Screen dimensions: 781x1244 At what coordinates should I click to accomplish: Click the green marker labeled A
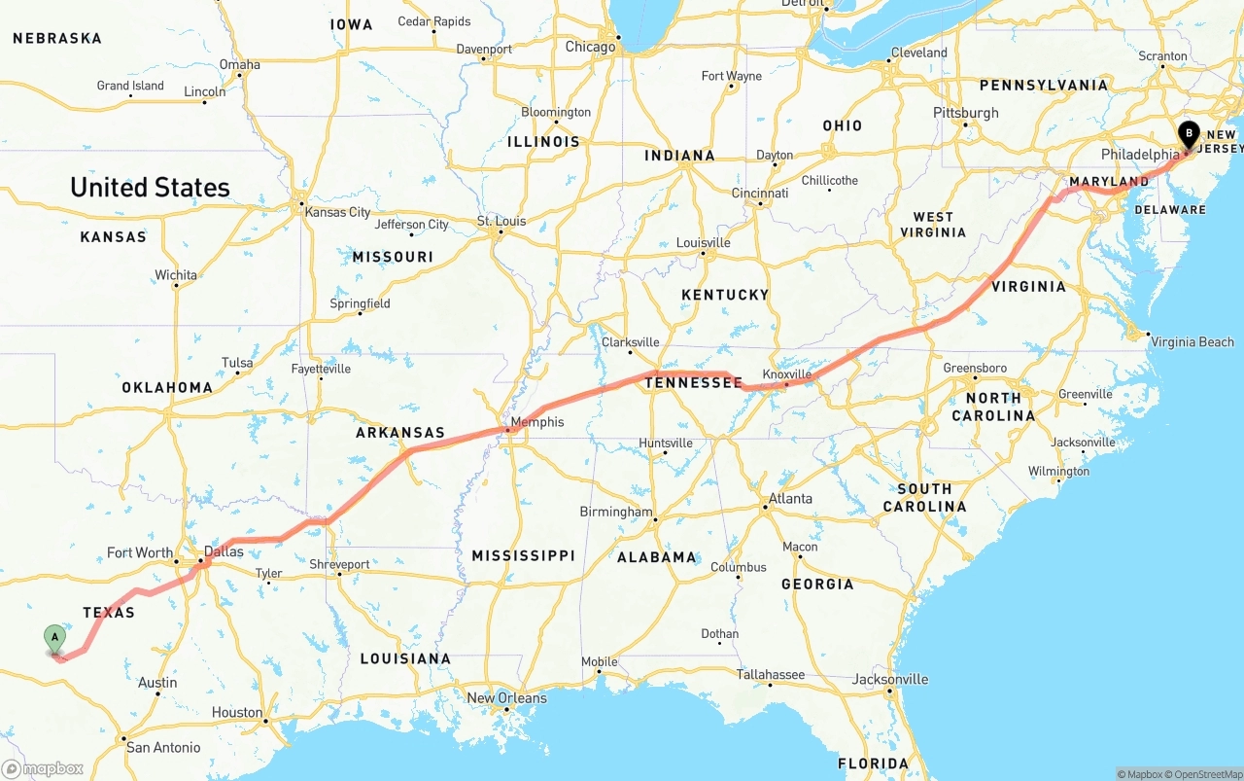[x=55, y=639]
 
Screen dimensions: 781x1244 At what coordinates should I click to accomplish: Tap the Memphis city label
[x=536, y=422]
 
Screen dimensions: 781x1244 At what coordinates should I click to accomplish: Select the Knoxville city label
[x=787, y=374]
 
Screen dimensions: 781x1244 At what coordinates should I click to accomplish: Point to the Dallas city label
[x=224, y=551]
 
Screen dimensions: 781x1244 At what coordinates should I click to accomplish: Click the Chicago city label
[x=590, y=47]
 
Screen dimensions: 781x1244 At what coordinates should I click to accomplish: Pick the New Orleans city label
[x=506, y=697]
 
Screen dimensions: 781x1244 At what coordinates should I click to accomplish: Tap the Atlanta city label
[x=790, y=498]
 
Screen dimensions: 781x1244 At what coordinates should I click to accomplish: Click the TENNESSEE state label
[x=694, y=383]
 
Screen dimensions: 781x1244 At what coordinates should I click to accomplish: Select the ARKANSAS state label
[x=399, y=433]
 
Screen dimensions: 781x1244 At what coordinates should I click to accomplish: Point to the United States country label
[x=150, y=188]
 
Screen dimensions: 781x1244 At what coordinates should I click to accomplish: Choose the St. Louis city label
[x=501, y=221]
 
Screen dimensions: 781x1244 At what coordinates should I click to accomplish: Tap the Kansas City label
[x=337, y=212]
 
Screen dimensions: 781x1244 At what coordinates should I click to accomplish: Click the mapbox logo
[x=43, y=768]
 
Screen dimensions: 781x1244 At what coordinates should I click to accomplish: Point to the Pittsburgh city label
[x=966, y=113]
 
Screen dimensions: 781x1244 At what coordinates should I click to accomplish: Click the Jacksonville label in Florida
[x=890, y=679]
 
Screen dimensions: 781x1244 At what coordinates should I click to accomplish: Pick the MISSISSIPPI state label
[x=523, y=555]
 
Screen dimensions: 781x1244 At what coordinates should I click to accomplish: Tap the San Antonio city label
[x=163, y=747]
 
